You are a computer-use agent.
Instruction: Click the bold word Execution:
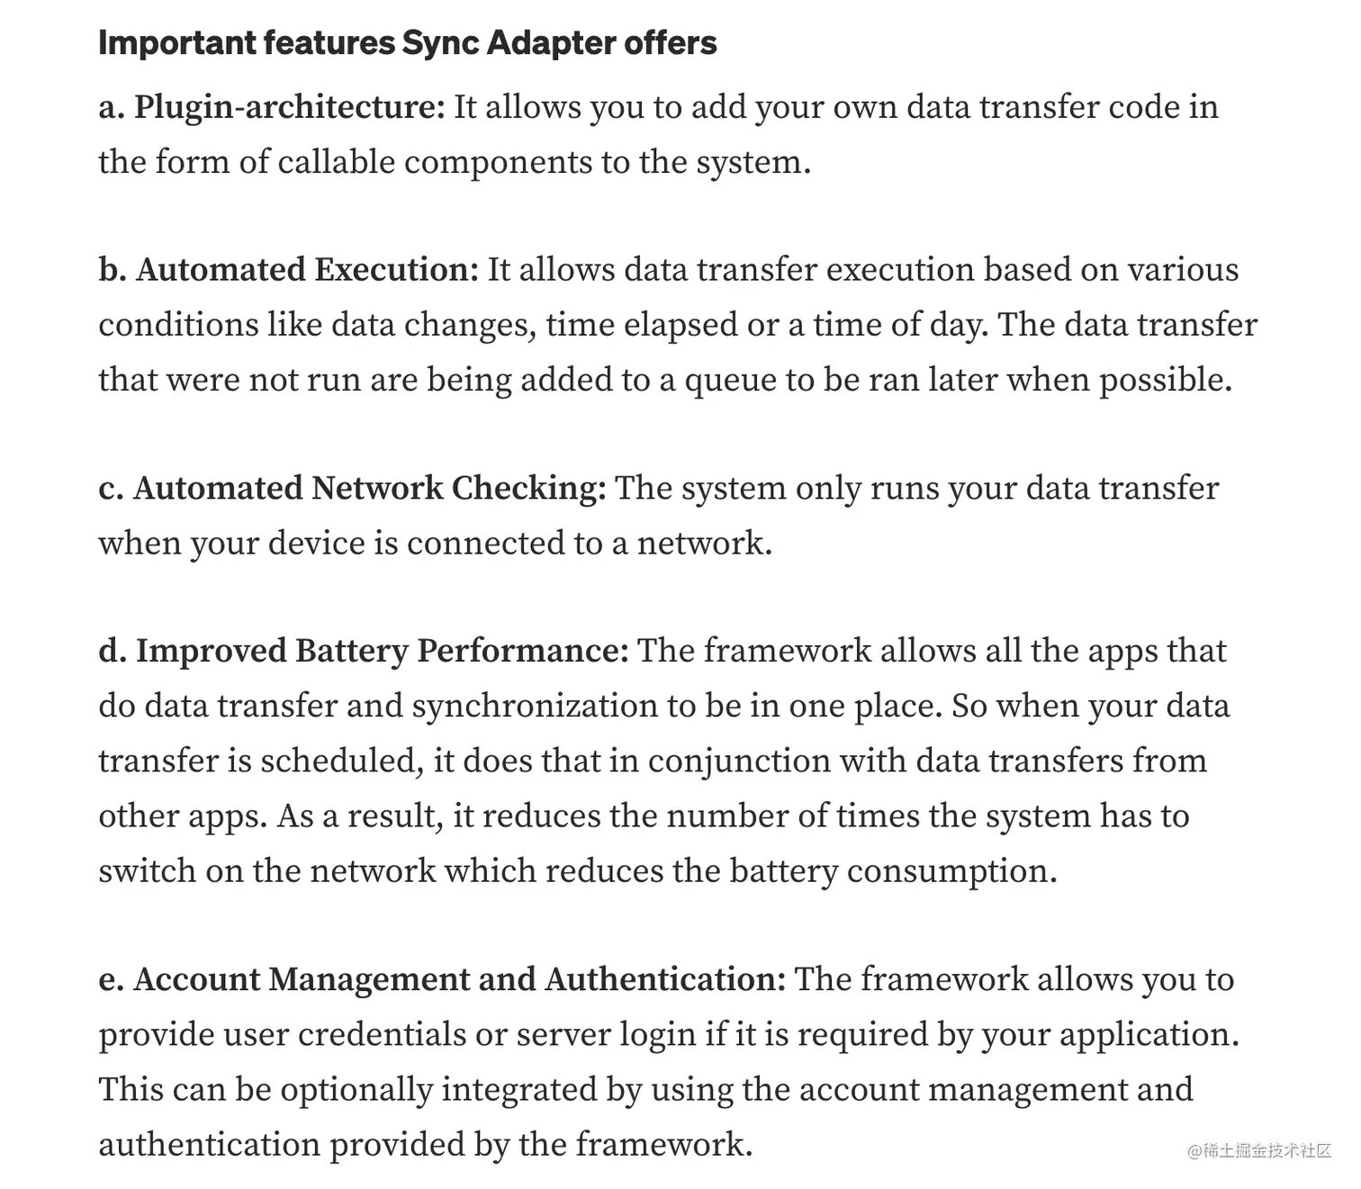(x=397, y=270)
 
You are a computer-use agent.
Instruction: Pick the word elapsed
(x=680, y=325)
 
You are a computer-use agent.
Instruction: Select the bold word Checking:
(x=529, y=488)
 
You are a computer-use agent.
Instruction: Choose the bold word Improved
(x=211, y=651)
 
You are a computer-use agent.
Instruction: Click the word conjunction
(x=739, y=761)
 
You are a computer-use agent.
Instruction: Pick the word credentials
(x=382, y=1034)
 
